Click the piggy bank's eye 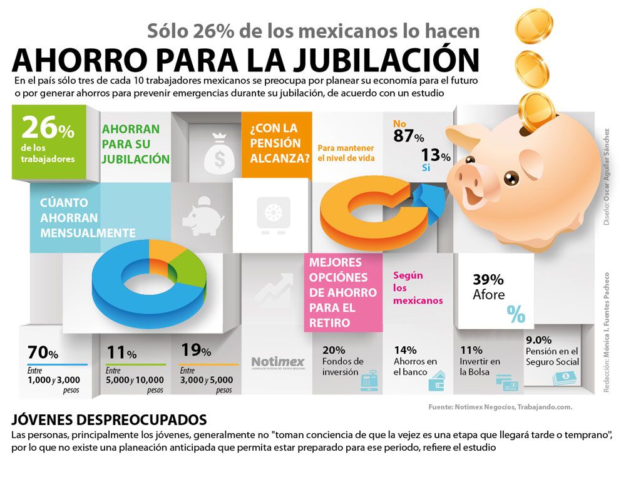(x=511, y=178)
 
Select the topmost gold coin (x=533, y=26)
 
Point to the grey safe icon (x=274, y=215)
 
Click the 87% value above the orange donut (x=408, y=136)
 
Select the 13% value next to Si (x=436, y=155)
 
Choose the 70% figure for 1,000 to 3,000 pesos (x=43, y=352)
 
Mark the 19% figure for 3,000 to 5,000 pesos (x=195, y=350)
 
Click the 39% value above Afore (x=488, y=279)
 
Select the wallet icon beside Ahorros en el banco (x=437, y=381)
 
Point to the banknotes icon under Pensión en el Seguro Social (x=565, y=377)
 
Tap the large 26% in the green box (x=48, y=128)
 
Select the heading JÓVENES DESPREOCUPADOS (x=110, y=420)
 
